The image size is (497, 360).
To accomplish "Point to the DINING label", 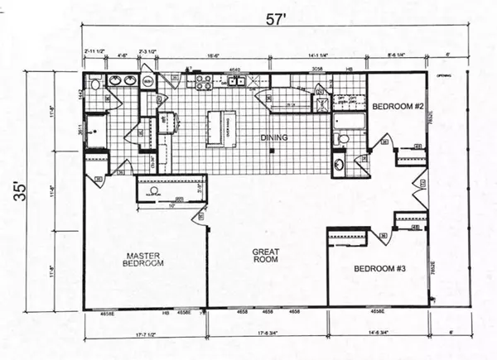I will (x=273, y=137).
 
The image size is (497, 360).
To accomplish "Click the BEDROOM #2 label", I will (x=398, y=107).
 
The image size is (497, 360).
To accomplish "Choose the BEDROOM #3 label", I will (x=379, y=269).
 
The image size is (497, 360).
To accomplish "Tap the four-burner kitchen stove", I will (x=201, y=82).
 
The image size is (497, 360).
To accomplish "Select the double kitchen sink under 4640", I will (x=236, y=81).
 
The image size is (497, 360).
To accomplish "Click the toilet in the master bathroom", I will (x=95, y=83).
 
